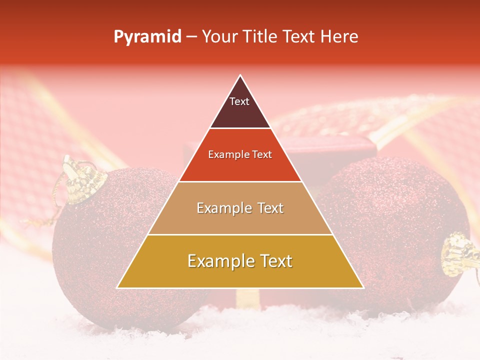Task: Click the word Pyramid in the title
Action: coord(147,37)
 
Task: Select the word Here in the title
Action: coord(340,37)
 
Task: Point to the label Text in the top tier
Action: coord(239,101)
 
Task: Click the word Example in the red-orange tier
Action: coord(223,155)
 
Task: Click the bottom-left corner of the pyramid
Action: coord(117,287)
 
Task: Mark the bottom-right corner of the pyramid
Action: coord(363,287)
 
